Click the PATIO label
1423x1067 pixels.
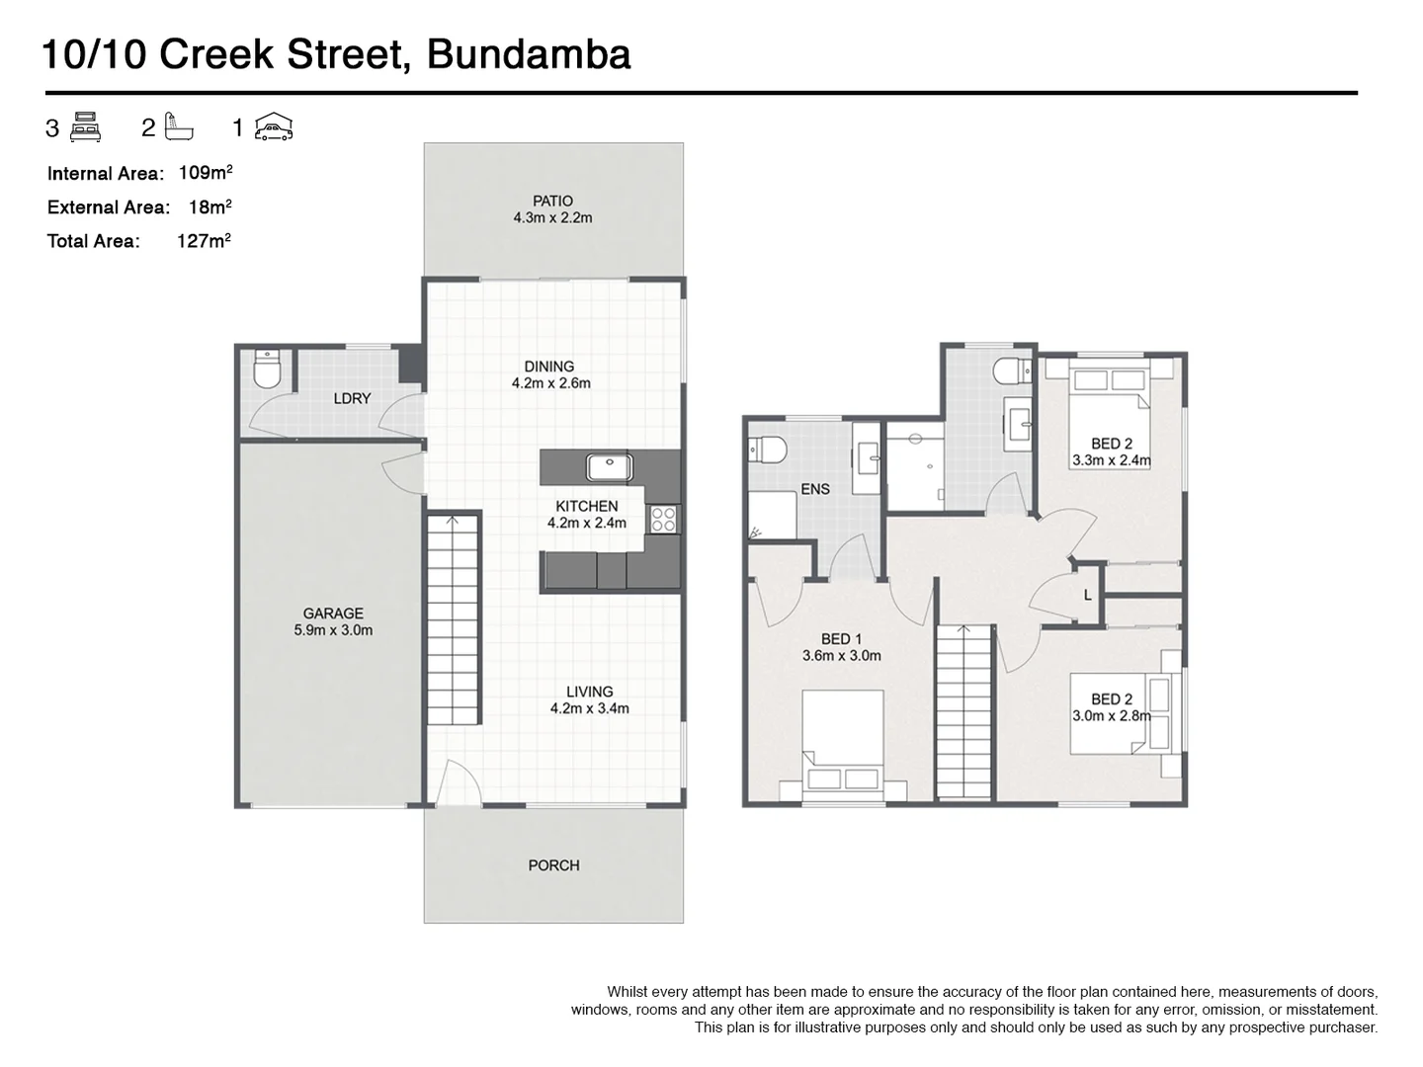(552, 201)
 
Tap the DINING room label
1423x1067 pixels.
(549, 367)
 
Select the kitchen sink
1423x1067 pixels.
(603, 466)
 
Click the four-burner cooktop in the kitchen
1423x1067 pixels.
(663, 519)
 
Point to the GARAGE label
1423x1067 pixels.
(333, 614)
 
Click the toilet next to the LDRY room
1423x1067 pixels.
(267, 369)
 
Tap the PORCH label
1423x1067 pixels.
(553, 865)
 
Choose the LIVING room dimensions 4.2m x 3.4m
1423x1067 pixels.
(590, 708)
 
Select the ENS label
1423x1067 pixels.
(815, 489)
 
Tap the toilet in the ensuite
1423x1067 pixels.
(768, 451)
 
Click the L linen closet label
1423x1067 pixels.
(1088, 595)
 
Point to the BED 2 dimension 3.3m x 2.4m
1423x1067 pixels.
(1112, 460)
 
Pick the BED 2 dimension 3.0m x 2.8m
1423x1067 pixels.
(1112, 716)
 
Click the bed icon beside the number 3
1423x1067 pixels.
(86, 127)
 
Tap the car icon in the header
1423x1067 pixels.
(274, 127)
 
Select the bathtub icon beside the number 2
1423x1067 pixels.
(179, 127)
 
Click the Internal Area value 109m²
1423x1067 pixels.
(206, 173)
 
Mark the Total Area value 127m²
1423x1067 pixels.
(204, 240)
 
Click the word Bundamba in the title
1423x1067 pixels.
(528, 54)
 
